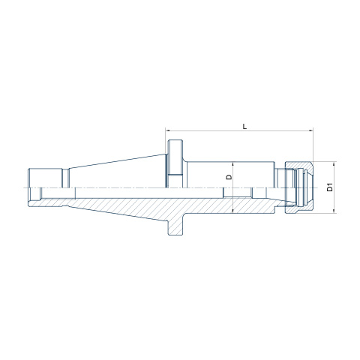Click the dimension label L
coord(245,126)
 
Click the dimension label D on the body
coord(229,177)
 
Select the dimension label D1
coord(330,187)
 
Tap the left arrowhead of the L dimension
coord(167,130)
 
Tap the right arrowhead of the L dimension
coord(311,130)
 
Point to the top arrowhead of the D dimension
coord(232,163)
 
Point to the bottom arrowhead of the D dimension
coord(232,211)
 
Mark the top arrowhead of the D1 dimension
coord(334,163)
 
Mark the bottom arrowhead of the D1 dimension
coord(334,211)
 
